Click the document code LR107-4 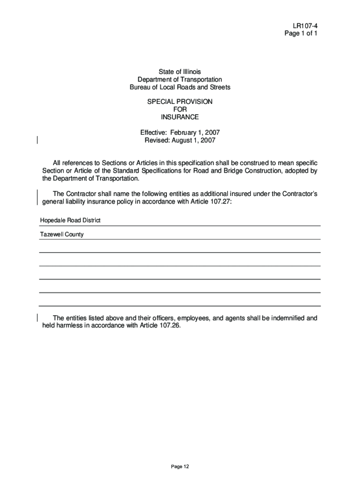pyautogui.click(x=306, y=26)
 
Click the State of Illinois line pyautogui.click(x=180, y=72)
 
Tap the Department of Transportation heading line pyautogui.click(x=180, y=80)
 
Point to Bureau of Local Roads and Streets pyautogui.click(x=180, y=87)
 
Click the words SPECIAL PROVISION pyautogui.click(x=180, y=102)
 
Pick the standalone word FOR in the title pyautogui.click(x=180, y=109)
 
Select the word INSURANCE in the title pyautogui.click(x=180, y=117)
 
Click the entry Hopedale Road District pyautogui.click(x=70, y=220)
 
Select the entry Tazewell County pyautogui.click(x=61, y=234)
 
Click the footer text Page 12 pyautogui.click(x=180, y=466)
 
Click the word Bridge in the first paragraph pyautogui.click(x=220, y=171)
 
